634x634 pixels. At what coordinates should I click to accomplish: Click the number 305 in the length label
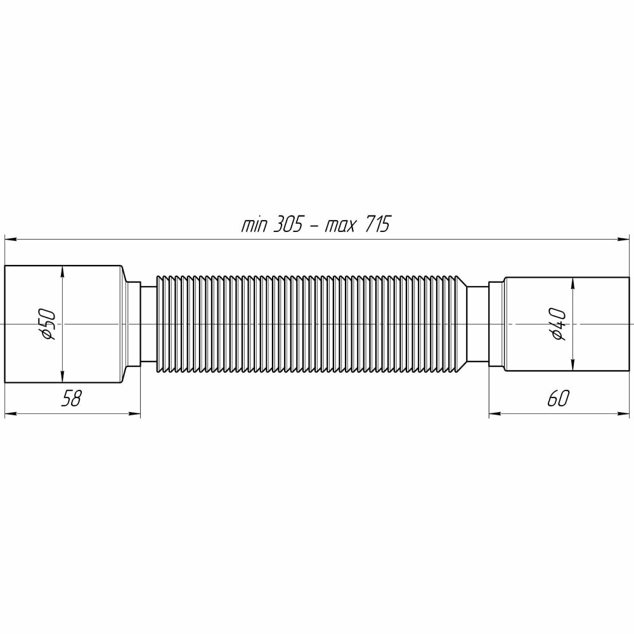point(288,224)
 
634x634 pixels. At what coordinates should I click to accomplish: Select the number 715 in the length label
point(377,224)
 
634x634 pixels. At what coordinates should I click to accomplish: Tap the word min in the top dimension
point(254,226)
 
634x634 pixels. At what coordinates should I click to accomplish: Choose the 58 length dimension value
point(71,398)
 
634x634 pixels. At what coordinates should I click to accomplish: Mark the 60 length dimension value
point(558,398)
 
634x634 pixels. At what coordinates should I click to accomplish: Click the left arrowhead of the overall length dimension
point(10,240)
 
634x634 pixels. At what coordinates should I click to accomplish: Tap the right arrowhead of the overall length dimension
point(624,240)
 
